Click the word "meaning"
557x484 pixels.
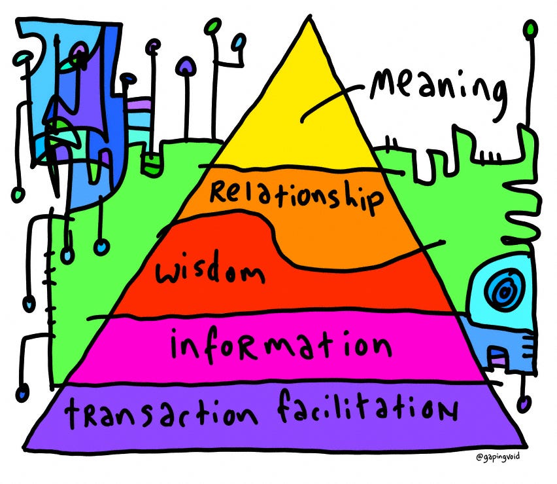437,92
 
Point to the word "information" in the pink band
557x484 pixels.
280,346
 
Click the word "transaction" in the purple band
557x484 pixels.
161,413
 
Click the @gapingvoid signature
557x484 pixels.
498,456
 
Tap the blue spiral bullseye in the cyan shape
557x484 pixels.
503,292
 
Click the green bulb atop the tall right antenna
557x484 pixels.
531,28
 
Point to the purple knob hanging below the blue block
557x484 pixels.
524,404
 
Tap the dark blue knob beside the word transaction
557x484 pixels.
23,394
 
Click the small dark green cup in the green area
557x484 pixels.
152,164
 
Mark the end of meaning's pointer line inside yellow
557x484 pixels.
302,121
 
